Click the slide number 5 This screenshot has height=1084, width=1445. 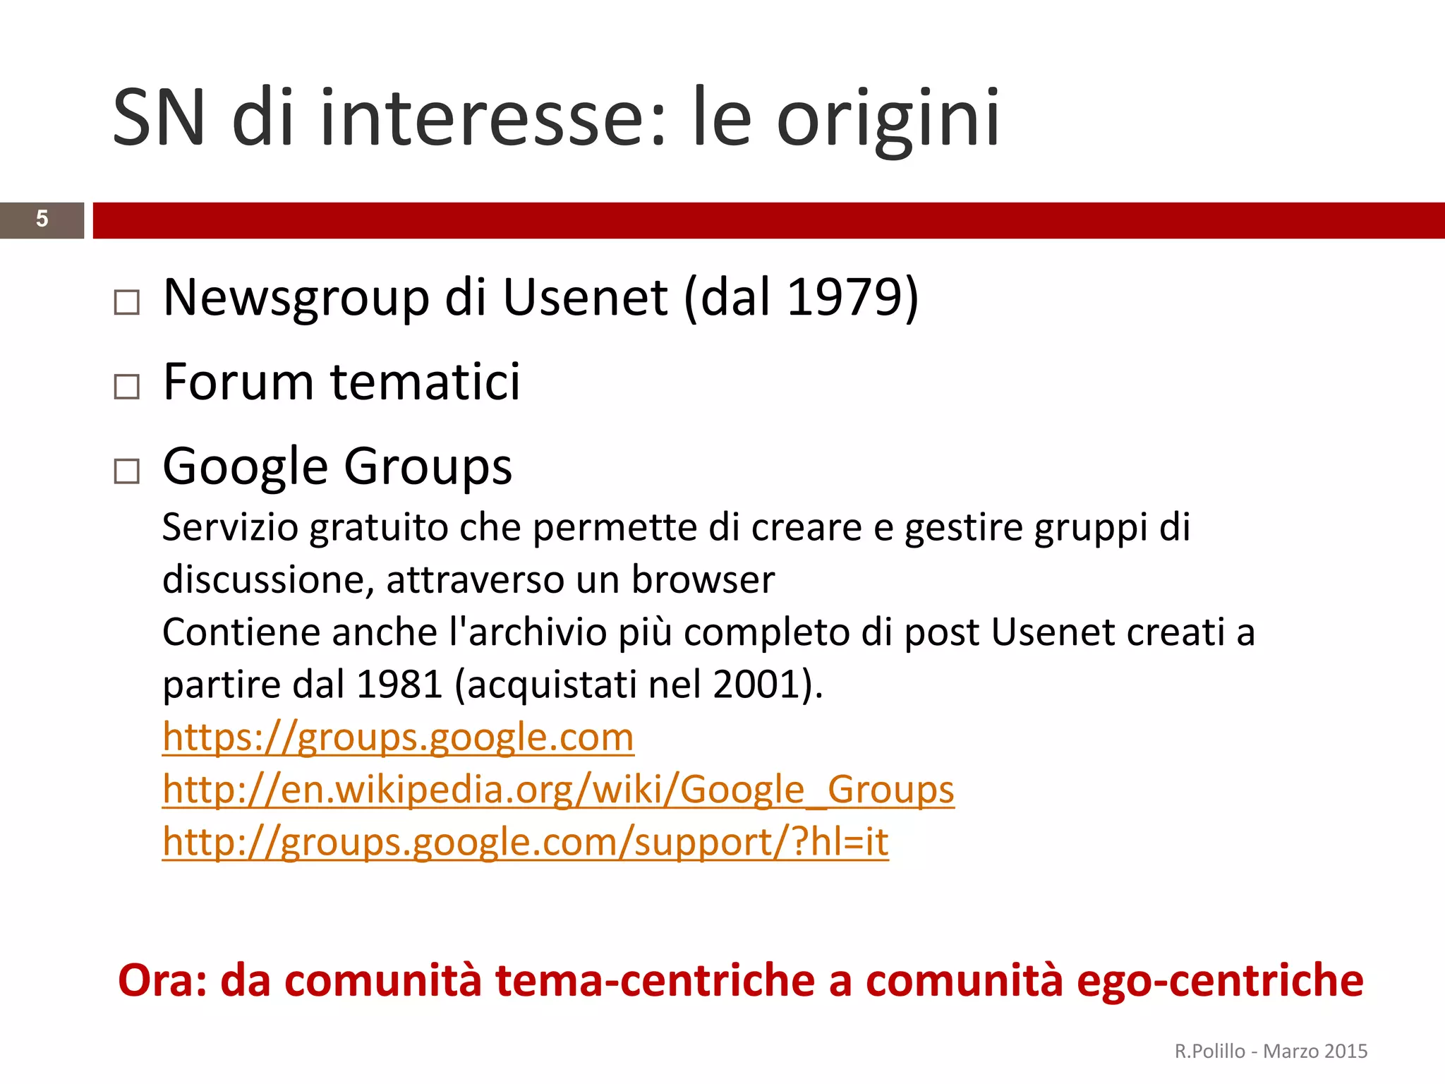tap(42, 219)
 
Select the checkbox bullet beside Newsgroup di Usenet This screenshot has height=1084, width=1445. tap(127, 302)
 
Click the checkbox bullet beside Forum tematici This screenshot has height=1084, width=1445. tap(127, 386)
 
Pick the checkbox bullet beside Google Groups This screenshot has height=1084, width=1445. tap(127, 471)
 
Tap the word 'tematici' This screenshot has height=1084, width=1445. tap(425, 382)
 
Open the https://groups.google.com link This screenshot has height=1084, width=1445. tap(398, 737)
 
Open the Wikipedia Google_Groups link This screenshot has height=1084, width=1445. tap(558, 790)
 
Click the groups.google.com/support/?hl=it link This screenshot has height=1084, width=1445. tap(525, 842)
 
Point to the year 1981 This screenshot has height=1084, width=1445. tap(399, 684)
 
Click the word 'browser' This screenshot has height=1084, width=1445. tap(703, 579)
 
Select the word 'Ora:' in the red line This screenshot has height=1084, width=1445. tap(162, 980)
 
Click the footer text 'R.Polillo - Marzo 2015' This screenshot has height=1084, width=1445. tap(1271, 1052)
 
